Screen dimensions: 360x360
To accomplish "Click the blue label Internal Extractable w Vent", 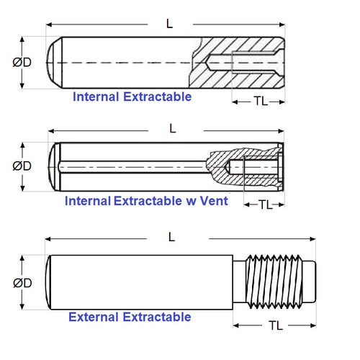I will coord(146,202).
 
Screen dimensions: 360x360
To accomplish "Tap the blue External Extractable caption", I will coord(130,317).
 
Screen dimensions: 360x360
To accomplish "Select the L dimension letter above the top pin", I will coord(169,23).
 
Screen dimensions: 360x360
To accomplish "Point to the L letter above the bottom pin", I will coord(171,236).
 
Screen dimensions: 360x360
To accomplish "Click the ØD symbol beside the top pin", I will coord(22,62).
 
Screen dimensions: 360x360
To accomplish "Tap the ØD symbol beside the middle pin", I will coord(22,166).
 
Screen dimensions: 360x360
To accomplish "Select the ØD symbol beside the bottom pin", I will coord(22,283).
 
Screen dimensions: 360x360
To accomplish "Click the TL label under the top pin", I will coord(261,102).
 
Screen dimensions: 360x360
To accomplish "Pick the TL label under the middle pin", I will coord(266,205).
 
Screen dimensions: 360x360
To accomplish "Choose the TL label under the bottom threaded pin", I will coord(275,325).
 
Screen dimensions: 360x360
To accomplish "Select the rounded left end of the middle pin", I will coord(54,167).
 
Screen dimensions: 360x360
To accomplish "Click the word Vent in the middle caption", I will coord(214,202).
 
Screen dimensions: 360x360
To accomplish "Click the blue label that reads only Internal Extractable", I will coord(132,96).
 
